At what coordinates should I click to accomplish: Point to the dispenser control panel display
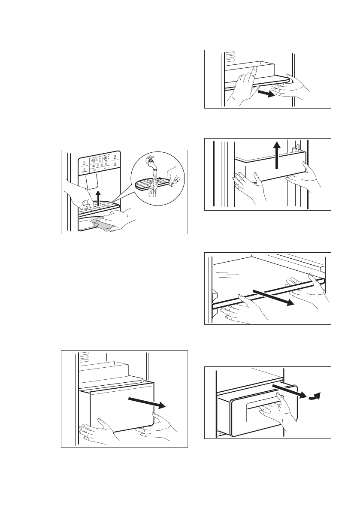click(99, 163)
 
